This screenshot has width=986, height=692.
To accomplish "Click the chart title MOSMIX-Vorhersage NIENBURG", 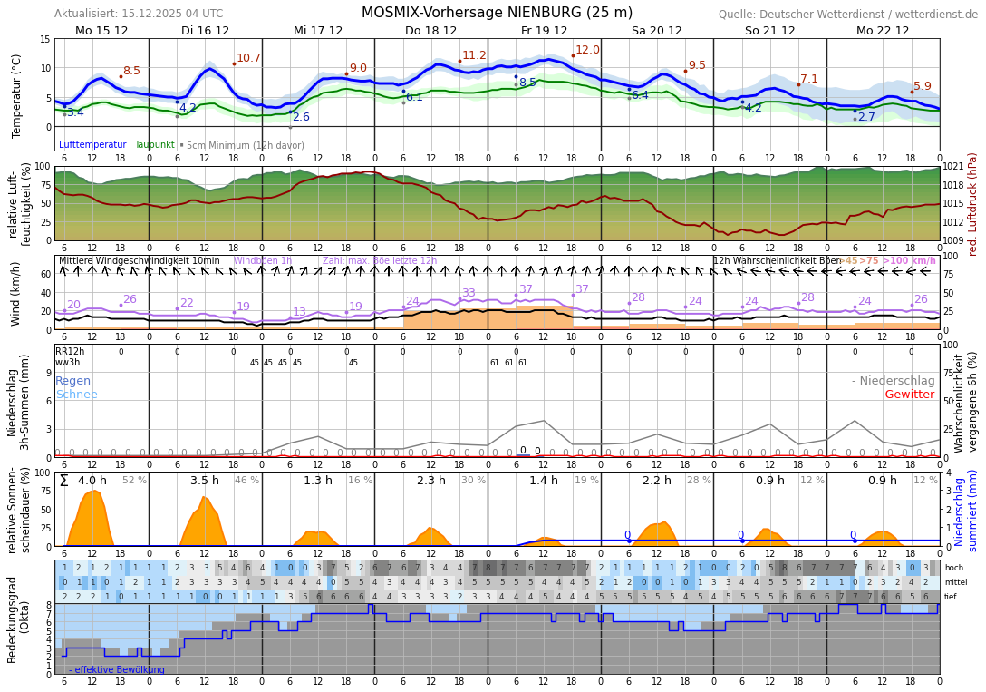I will pos(497,13).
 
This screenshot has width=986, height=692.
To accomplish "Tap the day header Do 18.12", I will pos(430,30).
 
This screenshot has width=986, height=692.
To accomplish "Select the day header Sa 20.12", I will pos(656,30).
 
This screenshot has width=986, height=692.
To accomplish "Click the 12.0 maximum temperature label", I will pos(587,50).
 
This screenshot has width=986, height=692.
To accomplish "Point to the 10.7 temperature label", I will pos(248,58).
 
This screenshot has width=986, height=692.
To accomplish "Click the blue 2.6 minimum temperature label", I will pos(301,117).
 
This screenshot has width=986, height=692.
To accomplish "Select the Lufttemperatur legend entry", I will pos(92,145).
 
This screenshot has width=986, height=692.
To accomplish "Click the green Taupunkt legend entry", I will pos(154,145).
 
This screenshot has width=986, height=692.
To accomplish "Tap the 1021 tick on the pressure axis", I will pos(952,167).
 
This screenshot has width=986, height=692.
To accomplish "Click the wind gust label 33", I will pos(469,293).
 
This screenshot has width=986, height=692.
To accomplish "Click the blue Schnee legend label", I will pos(76,395).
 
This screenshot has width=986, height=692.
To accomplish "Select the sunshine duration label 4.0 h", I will pos(92,481).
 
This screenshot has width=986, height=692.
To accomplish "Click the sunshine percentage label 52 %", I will pos(134,481).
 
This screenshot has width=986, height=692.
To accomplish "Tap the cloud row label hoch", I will pos(953,568).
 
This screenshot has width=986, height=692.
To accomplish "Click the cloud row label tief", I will pos(952,597).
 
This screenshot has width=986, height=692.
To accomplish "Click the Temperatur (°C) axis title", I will pos(16,95).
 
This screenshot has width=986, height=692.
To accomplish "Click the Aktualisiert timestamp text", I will pos(138,14).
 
